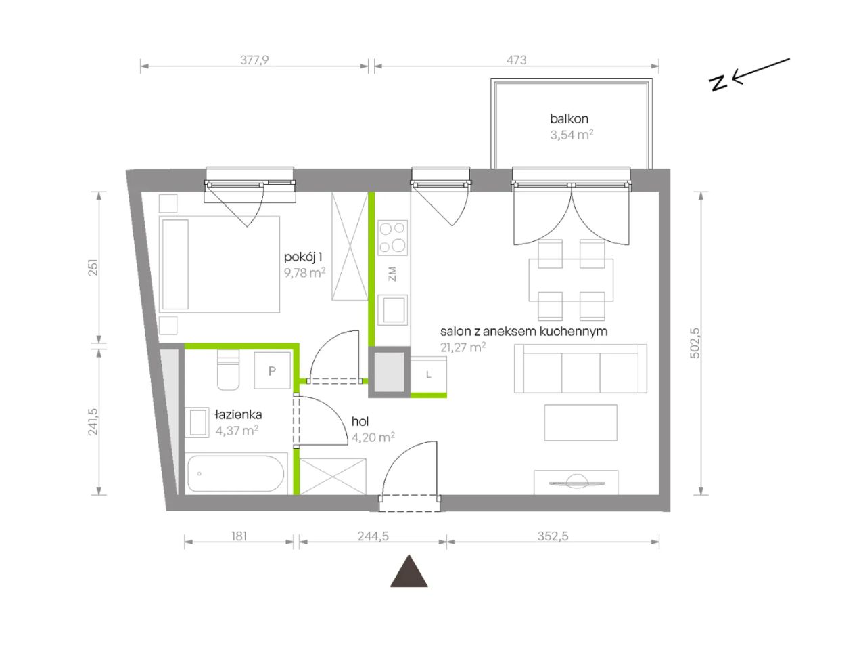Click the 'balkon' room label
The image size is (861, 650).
coord(569,118)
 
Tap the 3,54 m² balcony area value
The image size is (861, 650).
coord(572,135)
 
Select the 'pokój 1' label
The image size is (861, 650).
coord(303,257)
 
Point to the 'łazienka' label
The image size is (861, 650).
coord(239,414)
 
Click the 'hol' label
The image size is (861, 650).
coord(360,422)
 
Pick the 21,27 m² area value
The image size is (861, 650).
coord(463,347)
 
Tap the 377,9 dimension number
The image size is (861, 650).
coord(254,60)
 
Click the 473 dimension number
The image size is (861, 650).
coord(516,60)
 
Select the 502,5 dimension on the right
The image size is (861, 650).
coord(695,343)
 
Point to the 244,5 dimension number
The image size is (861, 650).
coord(373,536)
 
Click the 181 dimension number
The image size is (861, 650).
coord(239,536)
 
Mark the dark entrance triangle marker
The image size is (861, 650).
coord(409,571)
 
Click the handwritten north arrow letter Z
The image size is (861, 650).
coord(719,83)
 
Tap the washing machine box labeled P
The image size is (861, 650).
coord(272,370)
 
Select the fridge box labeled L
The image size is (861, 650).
coord(428,374)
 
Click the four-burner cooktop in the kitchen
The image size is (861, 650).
coord(392,238)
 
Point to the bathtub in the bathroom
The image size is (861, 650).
coord(235,473)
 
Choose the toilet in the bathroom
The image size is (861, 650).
coord(228,370)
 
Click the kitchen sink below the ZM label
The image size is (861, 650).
coord(392,309)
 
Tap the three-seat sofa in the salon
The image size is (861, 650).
coord(580,368)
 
